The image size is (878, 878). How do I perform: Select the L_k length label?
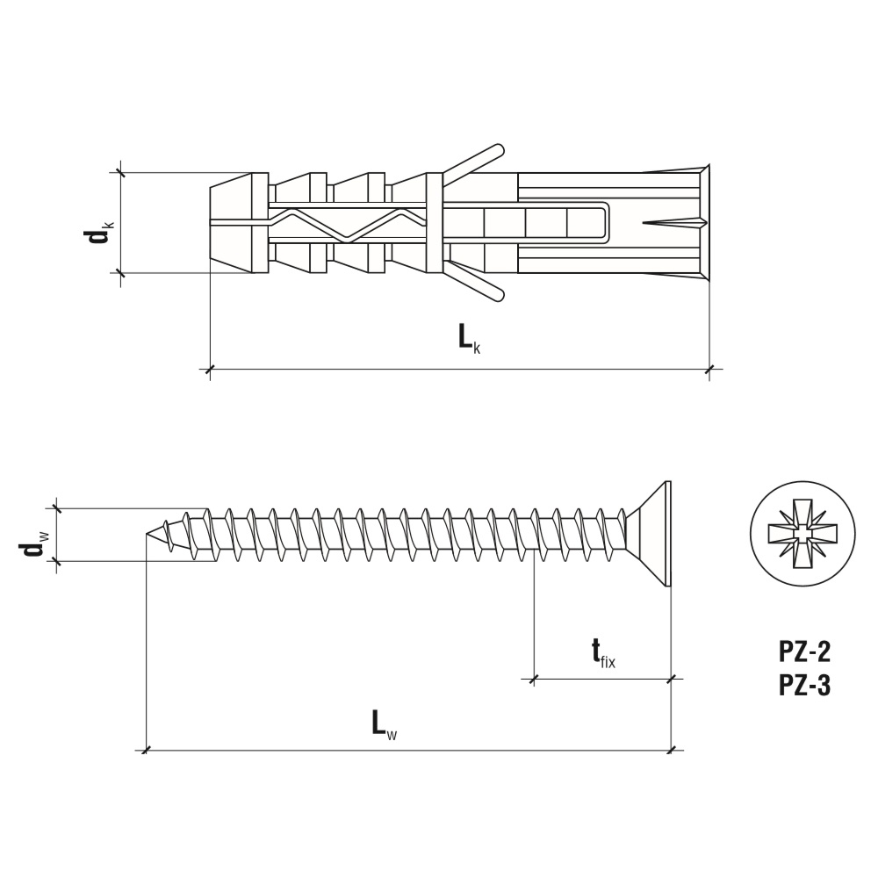(x=469, y=339)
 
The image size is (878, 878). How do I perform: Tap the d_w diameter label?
(x=37, y=545)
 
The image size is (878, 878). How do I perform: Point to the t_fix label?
(x=603, y=655)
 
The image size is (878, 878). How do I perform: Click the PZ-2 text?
(x=804, y=651)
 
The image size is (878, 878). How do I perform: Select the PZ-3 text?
(x=804, y=686)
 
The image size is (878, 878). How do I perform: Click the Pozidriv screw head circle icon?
(x=803, y=534)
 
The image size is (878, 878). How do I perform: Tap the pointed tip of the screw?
(x=147, y=534)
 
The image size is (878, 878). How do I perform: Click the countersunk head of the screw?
(x=650, y=534)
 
